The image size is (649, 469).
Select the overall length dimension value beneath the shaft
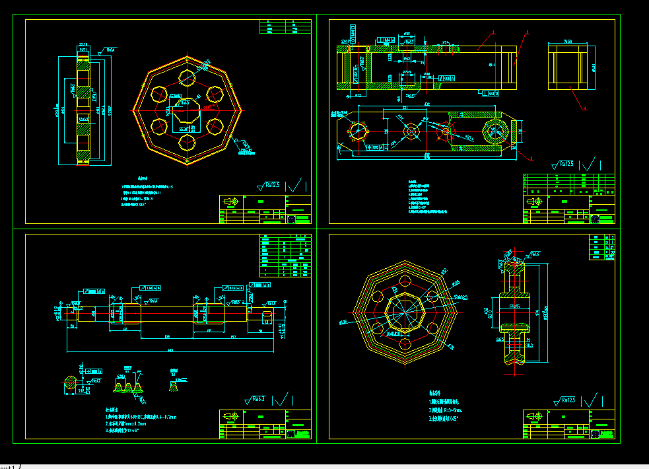point(170,349)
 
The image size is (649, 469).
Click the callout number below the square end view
point(584,107)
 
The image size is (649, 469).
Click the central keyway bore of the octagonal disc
point(188,111)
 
